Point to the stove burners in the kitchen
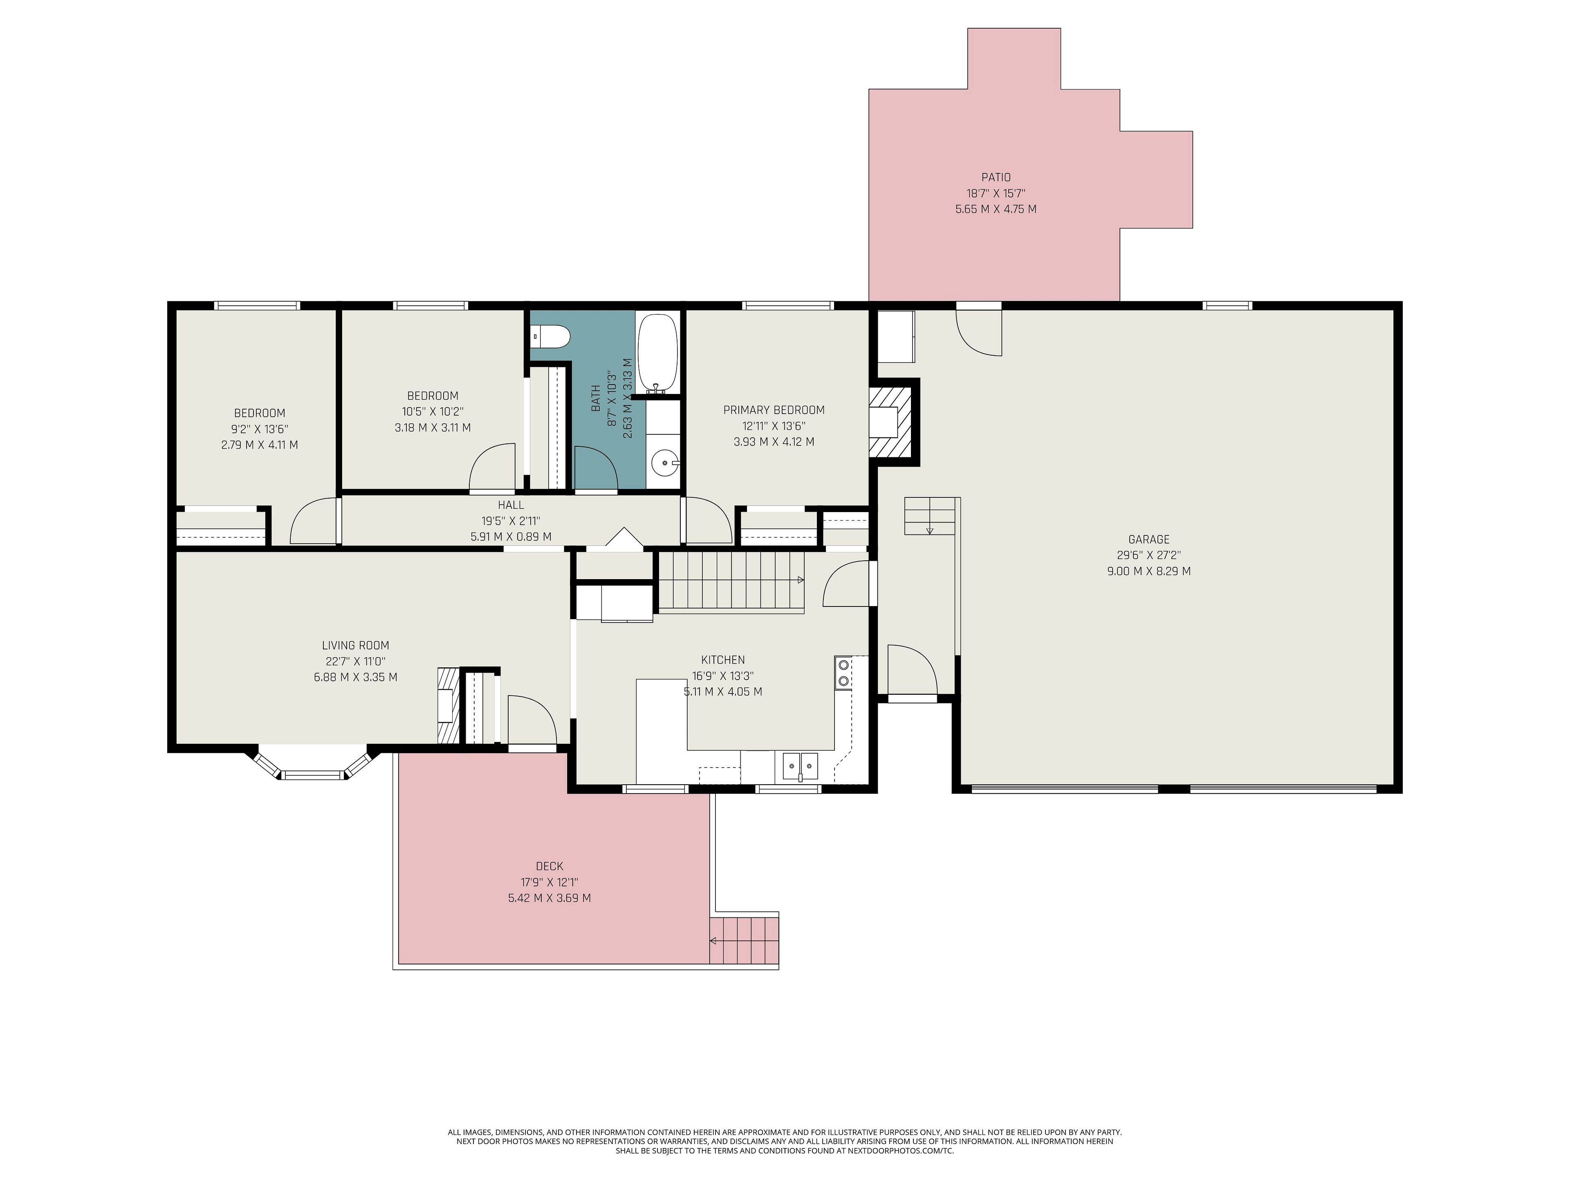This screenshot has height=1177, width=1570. [843, 673]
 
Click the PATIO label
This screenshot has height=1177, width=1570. [996, 177]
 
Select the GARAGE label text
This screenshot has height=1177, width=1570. [1148, 539]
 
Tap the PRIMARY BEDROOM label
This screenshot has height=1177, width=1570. [774, 410]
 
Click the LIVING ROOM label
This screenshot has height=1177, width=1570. [356, 646]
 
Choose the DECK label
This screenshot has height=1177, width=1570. [549, 866]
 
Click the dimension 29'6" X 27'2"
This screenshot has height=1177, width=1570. [1148, 555]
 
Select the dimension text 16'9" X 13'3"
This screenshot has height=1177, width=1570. [722, 676]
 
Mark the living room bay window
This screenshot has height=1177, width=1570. [312, 765]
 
